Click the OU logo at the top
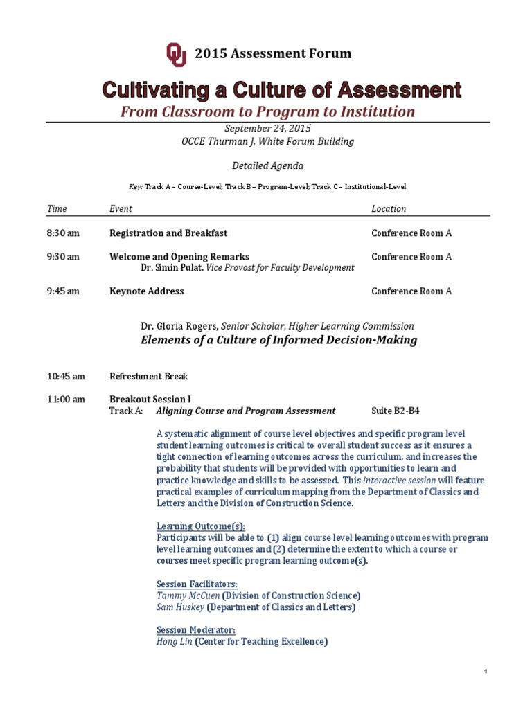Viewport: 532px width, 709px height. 176,54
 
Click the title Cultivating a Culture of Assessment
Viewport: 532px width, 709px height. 282,90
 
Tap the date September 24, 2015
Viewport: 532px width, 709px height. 267,129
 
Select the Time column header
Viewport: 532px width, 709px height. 56,208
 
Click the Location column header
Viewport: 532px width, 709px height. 389,208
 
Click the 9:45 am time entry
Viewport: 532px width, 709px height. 63,291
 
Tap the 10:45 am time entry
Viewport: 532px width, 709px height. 66,377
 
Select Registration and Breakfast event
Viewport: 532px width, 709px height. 168,233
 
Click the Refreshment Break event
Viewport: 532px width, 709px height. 149,377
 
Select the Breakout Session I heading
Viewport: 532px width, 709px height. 150,399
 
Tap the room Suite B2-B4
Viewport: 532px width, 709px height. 396,411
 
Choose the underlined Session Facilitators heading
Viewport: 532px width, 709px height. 197,584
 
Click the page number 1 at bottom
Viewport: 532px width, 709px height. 486,672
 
